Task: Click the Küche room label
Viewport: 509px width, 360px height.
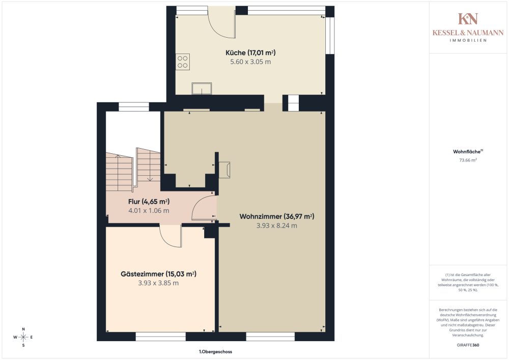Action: coord(250,52)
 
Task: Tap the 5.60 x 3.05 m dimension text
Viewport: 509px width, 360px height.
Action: coord(250,62)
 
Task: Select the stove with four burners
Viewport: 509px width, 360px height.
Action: coord(183,62)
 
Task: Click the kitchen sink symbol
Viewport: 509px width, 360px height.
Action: coord(202,89)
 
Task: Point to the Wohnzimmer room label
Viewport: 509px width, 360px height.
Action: coord(276,216)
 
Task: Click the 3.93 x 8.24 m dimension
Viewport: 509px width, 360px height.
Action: coord(276,226)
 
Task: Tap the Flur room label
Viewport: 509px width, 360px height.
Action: coord(149,202)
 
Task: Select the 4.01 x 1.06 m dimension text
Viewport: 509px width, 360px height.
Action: coord(149,211)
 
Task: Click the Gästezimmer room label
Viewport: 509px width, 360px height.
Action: coord(158,274)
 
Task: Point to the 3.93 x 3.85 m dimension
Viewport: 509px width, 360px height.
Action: coord(158,283)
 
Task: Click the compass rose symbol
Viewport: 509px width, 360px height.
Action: coord(23,337)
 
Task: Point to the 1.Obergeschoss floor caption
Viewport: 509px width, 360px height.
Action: coord(215,351)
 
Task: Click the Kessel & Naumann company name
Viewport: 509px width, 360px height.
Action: coord(468,33)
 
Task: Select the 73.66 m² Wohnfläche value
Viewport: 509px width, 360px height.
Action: coord(468,160)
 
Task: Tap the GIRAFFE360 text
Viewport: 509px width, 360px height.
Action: coord(468,345)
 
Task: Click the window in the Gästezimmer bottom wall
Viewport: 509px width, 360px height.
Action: coord(161,336)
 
